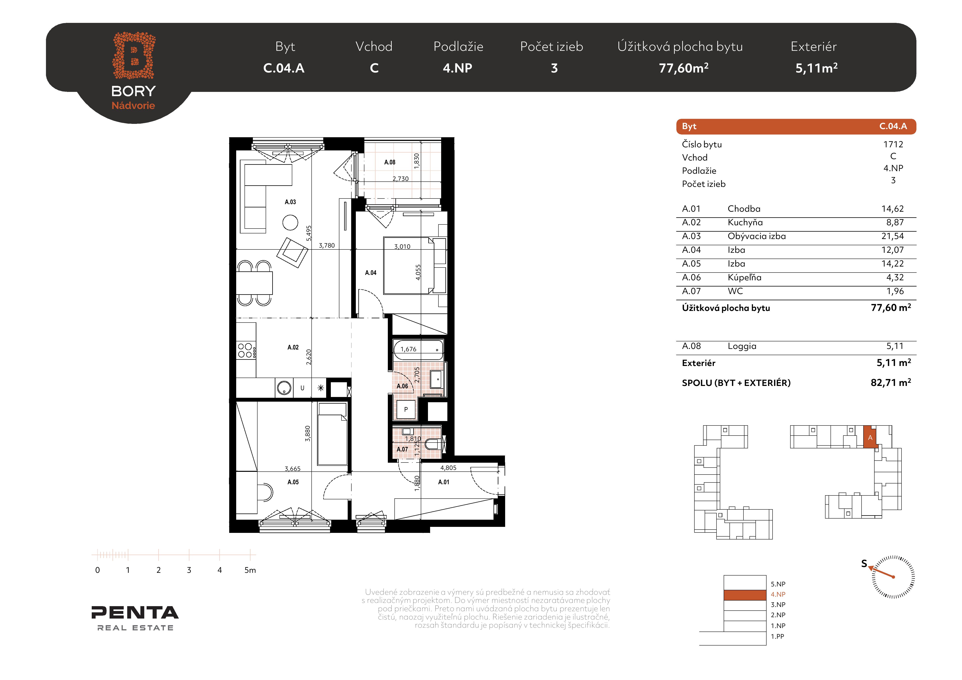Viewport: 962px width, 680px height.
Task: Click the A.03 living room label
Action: click(x=290, y=202)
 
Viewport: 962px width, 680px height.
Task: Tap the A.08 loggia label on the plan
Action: click(x=390, y=162)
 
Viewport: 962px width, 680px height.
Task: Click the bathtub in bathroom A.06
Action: click(x=418, y=350)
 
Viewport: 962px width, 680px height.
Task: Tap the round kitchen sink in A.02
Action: click(x=284, y=388)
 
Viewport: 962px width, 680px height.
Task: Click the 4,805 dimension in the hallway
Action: click(x=448, y=468)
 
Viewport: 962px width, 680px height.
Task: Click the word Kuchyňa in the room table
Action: click(x=745, y=222)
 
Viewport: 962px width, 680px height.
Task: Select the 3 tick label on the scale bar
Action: click(x=189, y=570)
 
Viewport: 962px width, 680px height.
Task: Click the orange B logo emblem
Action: click(x=134, y=55)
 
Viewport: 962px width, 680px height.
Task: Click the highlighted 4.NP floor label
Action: click(x=778, y=594)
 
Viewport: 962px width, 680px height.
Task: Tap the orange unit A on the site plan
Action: click(x=870, y=437)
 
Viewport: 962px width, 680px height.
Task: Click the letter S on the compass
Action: click(x=864, y=564)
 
